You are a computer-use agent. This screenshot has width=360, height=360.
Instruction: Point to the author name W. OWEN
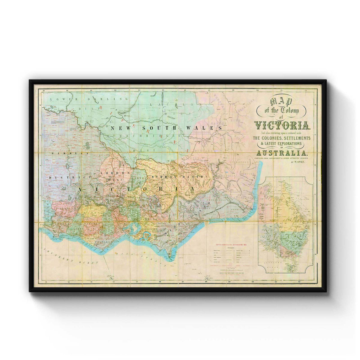pyautogui.click(x=298, y=162)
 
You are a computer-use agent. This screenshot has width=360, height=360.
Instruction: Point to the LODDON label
pyautogui.click(x=115, y=173)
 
